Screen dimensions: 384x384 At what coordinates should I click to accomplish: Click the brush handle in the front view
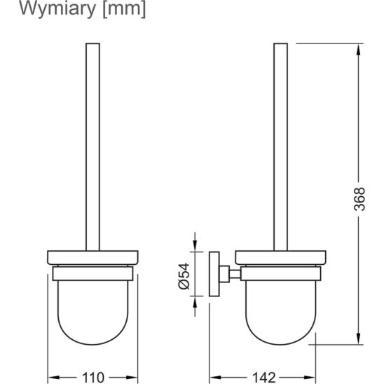(x=92, y=140)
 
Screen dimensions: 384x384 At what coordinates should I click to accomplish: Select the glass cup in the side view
(x=278, y=308)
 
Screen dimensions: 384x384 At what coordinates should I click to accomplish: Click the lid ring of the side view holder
(x=278, y=256)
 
